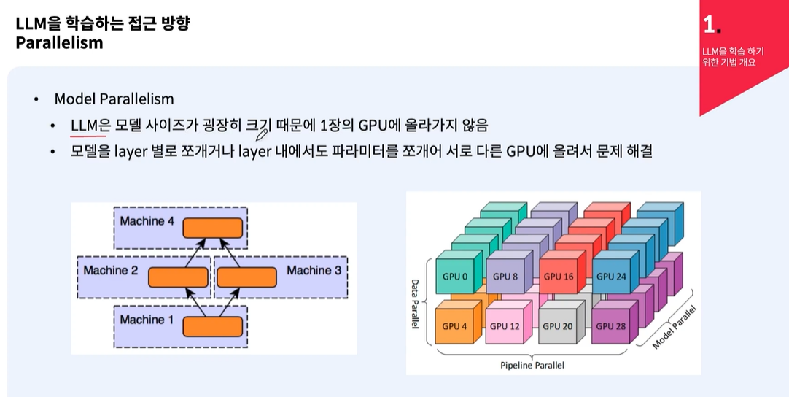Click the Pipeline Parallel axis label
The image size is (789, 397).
tap(532, 366)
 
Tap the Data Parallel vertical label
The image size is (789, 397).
tap(415, 304)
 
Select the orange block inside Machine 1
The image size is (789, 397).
tap(212, 326)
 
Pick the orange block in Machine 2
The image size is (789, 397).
tap(178, 277)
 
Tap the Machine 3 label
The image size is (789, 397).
tap(314, 270)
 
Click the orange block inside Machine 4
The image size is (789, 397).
tap(212, 228)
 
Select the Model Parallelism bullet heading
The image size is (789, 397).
tap(114, 99)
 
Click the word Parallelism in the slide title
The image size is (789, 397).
tap(59, 42)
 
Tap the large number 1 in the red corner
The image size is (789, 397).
tap(709, 24)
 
